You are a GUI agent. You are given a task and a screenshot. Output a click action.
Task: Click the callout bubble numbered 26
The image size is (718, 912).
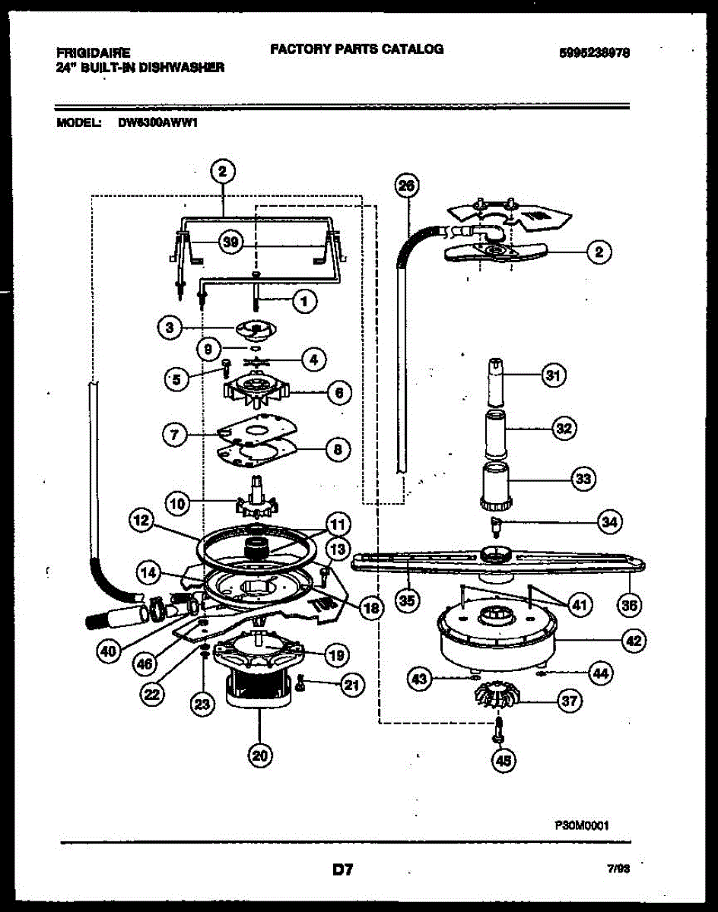pos(408,186)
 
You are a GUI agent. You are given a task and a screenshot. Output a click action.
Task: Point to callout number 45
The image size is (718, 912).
pos(503,760)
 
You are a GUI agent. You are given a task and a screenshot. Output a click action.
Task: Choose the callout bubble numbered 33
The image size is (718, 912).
pos(583,479)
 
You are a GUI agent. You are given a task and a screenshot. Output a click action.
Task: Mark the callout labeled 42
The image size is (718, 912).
pos(633,641)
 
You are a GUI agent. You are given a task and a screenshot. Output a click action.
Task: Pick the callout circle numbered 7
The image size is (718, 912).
pos(175,435)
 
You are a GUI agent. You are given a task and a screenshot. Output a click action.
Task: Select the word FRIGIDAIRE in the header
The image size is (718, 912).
pos(93,52)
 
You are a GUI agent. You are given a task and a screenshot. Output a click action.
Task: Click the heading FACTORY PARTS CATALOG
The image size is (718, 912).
pos(357,49)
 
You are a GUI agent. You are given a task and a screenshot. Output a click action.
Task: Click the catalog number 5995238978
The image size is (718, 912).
pos(595,53)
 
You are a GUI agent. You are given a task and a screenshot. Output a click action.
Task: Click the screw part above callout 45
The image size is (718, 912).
pos(499,726)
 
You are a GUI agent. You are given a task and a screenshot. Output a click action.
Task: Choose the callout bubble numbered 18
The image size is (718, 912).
pos(370,606)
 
